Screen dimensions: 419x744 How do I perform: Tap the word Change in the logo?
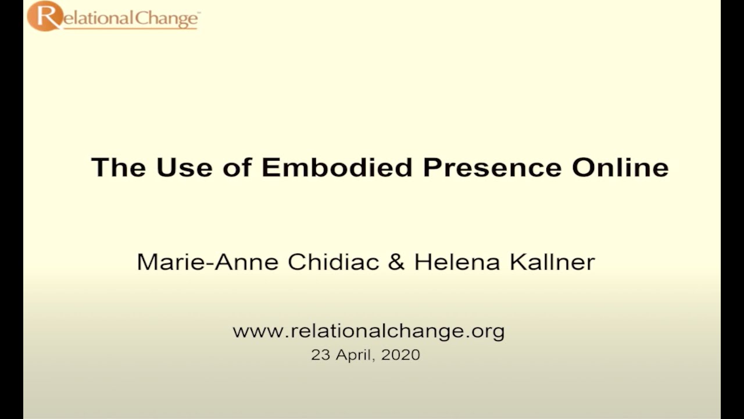pyautogui.click(x=169, y=19)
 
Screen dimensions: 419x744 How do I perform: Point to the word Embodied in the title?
pyautogui.click(x=337, y=168)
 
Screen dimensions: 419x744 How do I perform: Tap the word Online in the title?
pyautogui.click(x=620, y=168)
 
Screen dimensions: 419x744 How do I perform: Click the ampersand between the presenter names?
pyautogui.click(x=396, y=262)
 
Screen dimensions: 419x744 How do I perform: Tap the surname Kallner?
pyautogui.click(x=552, y=262)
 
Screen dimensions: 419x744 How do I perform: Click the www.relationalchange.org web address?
pyautogui.click(x=369, y=332)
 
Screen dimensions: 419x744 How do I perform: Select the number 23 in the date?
pyautogui.click(x=320, y=354)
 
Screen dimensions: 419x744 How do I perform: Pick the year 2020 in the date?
pyautogui.click(x=400, y=354)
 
